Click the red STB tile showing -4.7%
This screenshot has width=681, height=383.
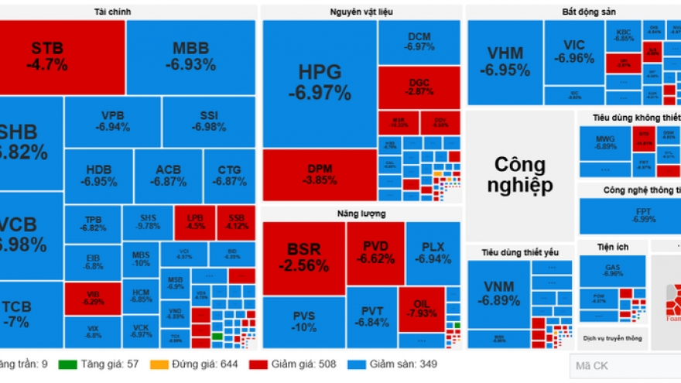coord(62,56)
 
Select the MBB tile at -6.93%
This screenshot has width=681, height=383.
coord(190,56)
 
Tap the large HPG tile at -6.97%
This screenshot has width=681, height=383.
coord(319,82)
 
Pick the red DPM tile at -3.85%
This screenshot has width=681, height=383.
coord(319,174)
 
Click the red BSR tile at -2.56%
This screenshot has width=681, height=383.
coord(303,258)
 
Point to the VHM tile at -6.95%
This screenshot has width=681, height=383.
coord(505,62)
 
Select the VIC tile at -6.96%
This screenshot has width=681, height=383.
coord(573,52)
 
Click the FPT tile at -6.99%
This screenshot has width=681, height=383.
coord(621,215)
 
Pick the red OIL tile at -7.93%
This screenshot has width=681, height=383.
coord(422,308)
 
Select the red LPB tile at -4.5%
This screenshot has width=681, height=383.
coord(195,221)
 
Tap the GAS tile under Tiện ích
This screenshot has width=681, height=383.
coord(613,269)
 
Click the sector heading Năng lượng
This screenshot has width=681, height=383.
coord(361,213)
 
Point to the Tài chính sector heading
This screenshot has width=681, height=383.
coord(128,11)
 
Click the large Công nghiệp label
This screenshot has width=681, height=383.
coord(519,175)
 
